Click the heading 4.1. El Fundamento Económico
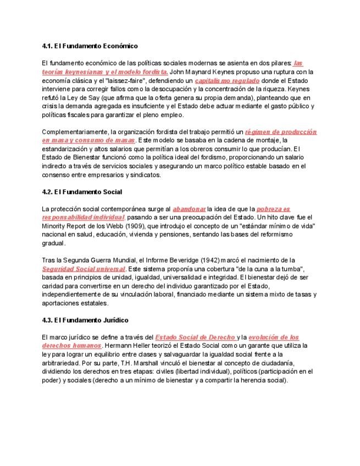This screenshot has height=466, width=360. point(90,46)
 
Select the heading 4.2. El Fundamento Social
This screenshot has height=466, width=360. point(82,192)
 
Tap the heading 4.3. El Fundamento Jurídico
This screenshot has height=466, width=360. point(85,320)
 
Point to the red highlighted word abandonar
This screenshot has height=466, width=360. point(189,209)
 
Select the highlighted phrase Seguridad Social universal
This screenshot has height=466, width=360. point(84,269)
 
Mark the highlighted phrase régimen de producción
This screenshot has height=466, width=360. point(281,132)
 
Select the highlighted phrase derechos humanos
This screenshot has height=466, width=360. point(71,346)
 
